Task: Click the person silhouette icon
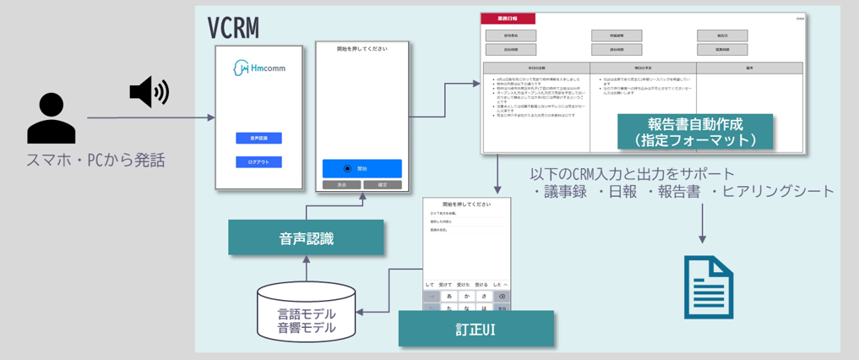[x=51, y=117]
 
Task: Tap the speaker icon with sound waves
[x=149, y=91]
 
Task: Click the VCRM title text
[x=233, y=28]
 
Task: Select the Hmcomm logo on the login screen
[x=258, y=68]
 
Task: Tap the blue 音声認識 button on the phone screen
[x=258, y=138]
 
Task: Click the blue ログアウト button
[x=258, y=161]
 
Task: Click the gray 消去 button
[x=341, y=183]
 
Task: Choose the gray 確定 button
[x=382, y=183]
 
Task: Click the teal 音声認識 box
[x=306, y=237]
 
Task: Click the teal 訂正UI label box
[x=476, y=328]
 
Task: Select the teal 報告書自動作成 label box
[x=696, y=131]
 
